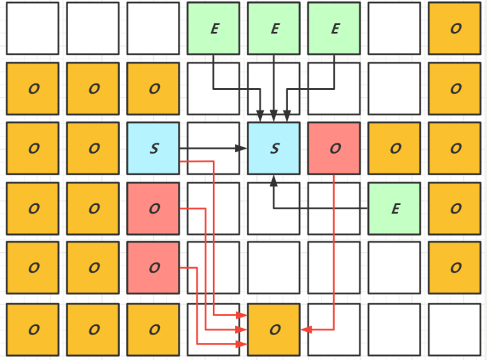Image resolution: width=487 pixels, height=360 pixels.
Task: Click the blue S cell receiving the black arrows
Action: pyautogui.click(x=273, y=148)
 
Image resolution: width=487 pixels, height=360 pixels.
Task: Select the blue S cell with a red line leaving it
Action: pyautogui.click(x=153, y=148)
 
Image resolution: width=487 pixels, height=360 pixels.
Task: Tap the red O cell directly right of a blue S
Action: pyautogui.click(x=334, y=148)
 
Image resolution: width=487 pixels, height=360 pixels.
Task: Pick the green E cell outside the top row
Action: pyautogui.click(x=395, y=208)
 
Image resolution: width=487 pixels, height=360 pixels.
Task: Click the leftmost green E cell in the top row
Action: pyautogui.click(x=214, y=28)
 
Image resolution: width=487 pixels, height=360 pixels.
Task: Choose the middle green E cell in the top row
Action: pyautogui.click(x=273, y=28)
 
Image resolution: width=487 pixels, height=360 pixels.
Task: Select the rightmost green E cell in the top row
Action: pyautogui.click(x=334, y=28)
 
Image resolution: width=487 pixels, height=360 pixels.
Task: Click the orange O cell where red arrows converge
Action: pyautogui.click(x=273, y=329)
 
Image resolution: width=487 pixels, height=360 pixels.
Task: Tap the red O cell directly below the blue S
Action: pyautogui.click(x=153, y=208)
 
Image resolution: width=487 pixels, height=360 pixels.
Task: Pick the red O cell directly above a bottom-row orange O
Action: pyautogui.click(x=153, y=268)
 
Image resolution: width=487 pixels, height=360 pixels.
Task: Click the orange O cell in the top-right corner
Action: pyautogui.click(x=454, y=28)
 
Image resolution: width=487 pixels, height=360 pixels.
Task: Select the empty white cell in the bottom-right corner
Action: pyautogui.click(x=454, y=329)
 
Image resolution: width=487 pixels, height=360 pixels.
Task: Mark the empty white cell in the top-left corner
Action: pyautogui.click(x=33, y=28)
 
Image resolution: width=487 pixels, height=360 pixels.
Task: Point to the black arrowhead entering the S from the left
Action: pyautogui.click(x=242, y=148)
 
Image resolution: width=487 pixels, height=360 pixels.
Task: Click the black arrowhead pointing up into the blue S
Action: pyautogui.click(x=273, y=180)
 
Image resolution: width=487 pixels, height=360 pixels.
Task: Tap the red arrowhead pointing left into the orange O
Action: pyautogui.click(x=305, y=329)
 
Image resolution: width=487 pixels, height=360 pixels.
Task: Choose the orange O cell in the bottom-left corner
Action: pyautogui.click(x=33, y=329)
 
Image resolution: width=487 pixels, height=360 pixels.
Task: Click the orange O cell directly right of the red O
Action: pyautogui.click(x=395, y=148)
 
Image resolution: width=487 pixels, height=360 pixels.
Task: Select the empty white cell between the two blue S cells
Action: pyautogui.click(x=214, y=148)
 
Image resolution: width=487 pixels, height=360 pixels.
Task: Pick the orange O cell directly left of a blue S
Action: pyautogui.click(x=93, y=148)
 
